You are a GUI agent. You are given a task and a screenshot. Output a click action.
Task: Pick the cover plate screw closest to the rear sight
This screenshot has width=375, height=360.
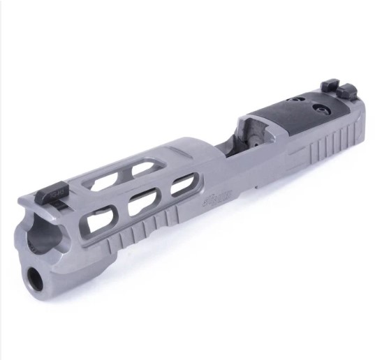tap(322, 109)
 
